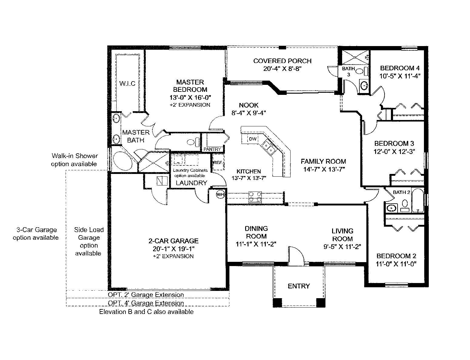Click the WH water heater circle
click(220, 195)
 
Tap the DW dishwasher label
click(253, 139)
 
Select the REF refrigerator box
click(218, 162)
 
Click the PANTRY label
click(212, 149)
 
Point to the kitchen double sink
click(268, 147)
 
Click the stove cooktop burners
click(255, 197)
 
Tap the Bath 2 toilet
click(405, 205)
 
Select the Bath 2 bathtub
click(418, 200)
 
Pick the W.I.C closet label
click(127, 83)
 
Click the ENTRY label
click(299, 286)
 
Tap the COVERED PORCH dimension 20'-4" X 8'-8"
click(282, 69)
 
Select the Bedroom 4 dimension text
click(400, 76)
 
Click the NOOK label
click(248, 105)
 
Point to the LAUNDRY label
click(192, 183)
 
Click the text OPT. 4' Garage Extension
click(146, 303)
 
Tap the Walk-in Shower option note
click(75, 160)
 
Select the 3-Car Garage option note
click(36, 234)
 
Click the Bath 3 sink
click(364, 86)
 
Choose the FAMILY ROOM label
click(323, 161)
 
